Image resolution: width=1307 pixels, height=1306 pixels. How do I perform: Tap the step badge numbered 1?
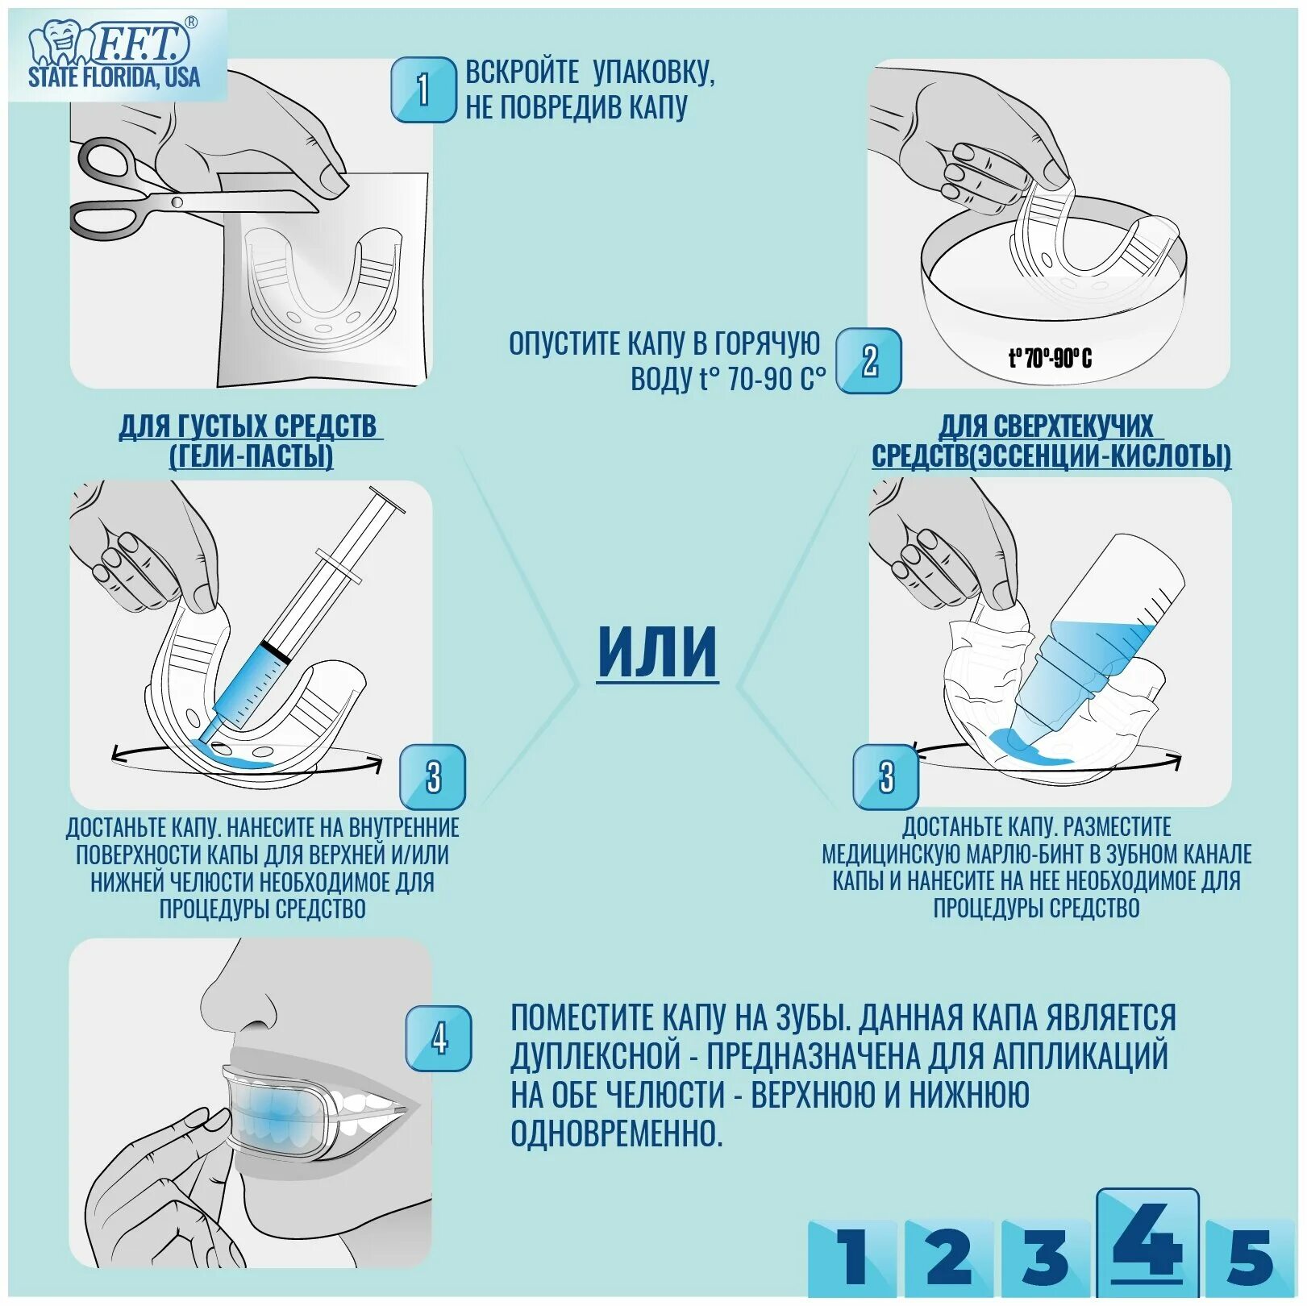423,89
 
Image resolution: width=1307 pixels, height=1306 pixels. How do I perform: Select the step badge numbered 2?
868,360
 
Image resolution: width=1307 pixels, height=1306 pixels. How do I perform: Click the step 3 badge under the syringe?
433,776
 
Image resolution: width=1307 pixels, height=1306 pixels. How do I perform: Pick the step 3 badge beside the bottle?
885,776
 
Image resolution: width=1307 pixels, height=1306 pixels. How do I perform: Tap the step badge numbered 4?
438,1038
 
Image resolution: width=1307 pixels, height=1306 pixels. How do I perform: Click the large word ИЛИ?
657,652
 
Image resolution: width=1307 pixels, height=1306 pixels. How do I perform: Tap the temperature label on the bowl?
1050,358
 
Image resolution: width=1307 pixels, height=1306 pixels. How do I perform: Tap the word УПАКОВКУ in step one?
654,73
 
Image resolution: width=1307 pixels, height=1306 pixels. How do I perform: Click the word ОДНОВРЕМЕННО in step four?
617,1133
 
